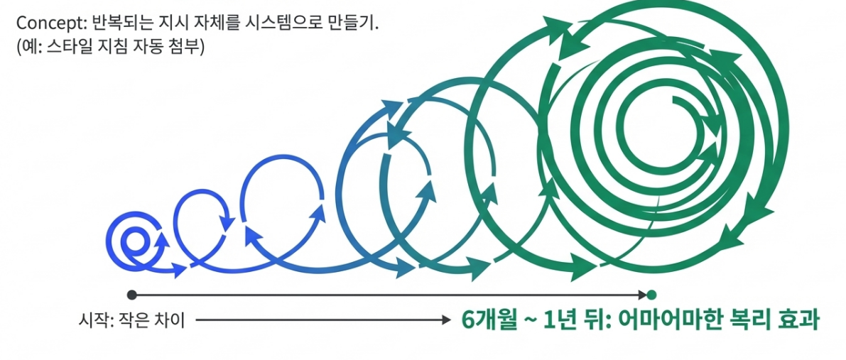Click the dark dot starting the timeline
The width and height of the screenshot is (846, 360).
[131, 294]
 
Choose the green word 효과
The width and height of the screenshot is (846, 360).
[799, 320]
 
